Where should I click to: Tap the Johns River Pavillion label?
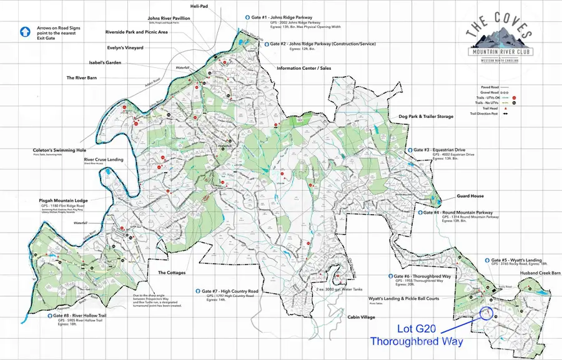click(169, 19)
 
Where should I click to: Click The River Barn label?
click(86, 78)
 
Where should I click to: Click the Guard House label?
click(470, 196)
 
